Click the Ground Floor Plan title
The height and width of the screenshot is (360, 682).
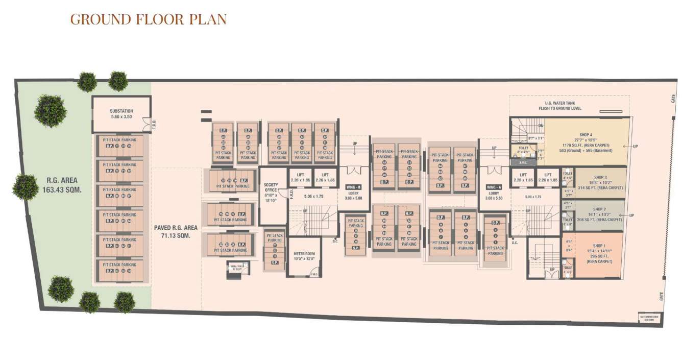click(148, 19)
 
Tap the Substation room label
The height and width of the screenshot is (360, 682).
click(121, 113)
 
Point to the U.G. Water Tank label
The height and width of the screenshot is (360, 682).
click(561, 106)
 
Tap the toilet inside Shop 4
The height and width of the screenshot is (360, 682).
click(522, 151)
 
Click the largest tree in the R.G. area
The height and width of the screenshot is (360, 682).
click(50, 110)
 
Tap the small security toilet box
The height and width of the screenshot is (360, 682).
click(235, 268)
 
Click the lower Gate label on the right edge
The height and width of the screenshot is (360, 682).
click(661, 296)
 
